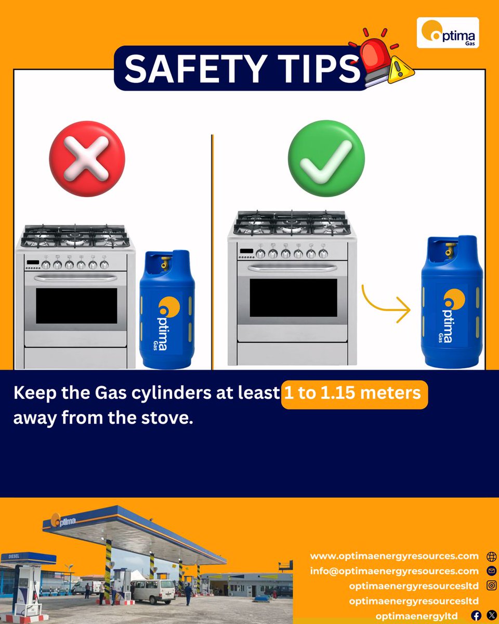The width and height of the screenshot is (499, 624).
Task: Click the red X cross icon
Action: coord(87,159)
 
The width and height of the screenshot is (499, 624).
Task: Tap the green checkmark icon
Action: coord(326,159)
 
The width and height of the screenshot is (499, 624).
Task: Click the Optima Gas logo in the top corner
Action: coord(448,32)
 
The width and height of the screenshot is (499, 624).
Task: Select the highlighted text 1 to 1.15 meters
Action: coord(354,393)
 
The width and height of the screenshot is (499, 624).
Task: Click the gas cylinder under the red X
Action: coord(167,310)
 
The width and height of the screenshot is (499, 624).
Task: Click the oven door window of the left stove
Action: coord(76,306)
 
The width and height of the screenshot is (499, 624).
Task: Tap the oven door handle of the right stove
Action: coord(292,268)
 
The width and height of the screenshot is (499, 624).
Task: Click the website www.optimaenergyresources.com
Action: coord(394,556)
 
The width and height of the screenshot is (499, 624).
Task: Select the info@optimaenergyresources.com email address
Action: coord(394,571)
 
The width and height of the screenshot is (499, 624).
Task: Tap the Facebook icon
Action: coord(476,616)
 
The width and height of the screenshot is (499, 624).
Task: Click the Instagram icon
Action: coord(491,586)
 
